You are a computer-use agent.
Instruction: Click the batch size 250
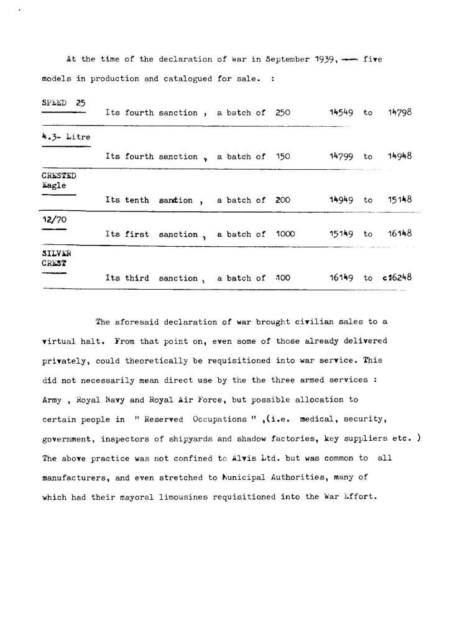pyautogui.click(x=283, y=113)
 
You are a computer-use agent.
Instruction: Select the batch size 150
pyautogui.click(x=283, y=157)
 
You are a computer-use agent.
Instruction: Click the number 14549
pyautogui.click(x=341, y=113)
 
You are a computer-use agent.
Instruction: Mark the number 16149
pyautogui.click(x=341, y=279)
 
